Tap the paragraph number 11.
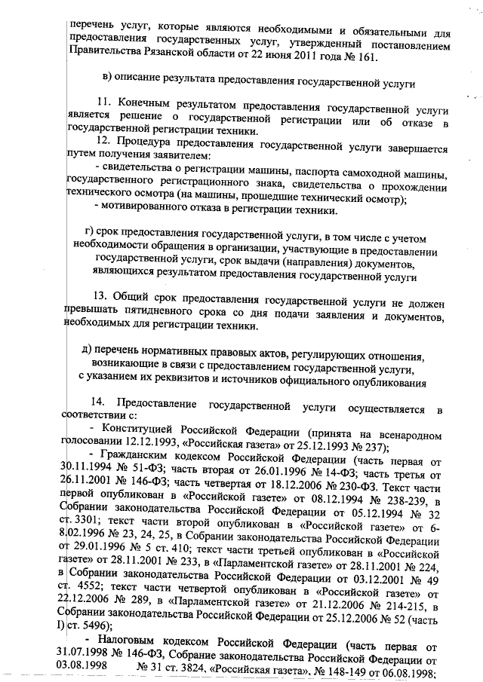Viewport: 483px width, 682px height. (106, 101)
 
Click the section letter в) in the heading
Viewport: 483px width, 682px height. (107, 79)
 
